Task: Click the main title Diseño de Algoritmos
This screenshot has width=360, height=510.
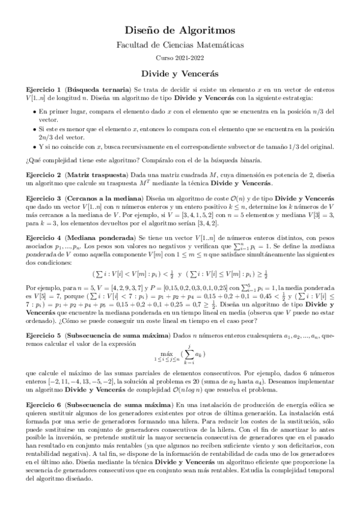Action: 180,29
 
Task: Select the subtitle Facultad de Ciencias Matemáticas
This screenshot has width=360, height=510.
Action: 180,45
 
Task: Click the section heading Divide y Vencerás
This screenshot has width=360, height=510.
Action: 180,72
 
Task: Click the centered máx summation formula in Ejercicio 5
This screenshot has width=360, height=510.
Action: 180,356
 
